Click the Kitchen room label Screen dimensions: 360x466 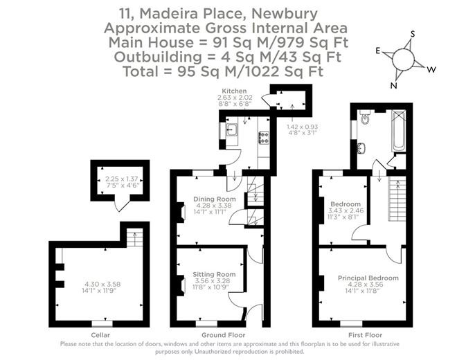click(x=233, y=91)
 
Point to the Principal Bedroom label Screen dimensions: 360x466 click(x=368, y=278)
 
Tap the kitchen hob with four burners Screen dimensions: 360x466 click(x=264, y=137)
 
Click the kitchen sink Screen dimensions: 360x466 click(x=232, y=129)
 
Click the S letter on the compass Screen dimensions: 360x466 click(x=413, y=34)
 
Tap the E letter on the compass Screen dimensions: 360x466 click(x=377, y=51)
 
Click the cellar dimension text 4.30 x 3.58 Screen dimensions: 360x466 click(x=102, y=285)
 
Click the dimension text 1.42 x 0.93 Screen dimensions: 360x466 click(x=302, y=127)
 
